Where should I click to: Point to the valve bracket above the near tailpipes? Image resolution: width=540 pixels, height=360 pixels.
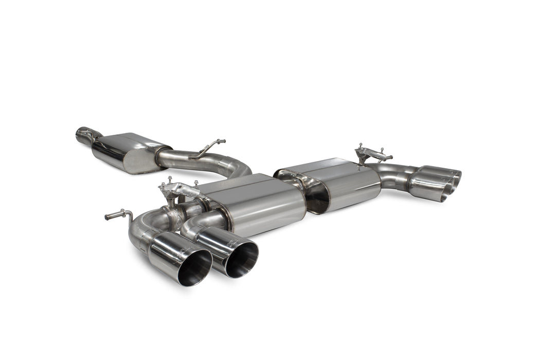[x=177, y=189]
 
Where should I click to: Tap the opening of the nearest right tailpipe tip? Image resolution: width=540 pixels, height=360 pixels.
[x=242, y=259]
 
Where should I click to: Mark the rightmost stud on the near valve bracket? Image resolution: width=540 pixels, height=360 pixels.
[x=196, y=182]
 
